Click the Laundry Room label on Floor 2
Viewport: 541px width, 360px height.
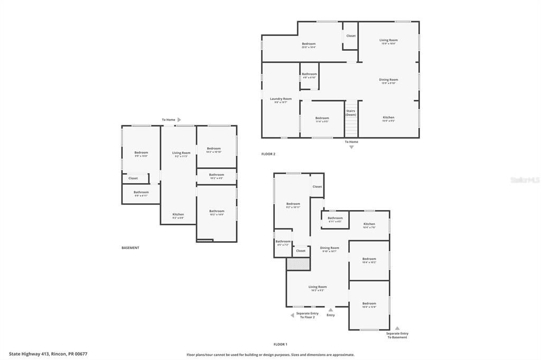tap(281, 99)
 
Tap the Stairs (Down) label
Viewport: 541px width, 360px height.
tap(351, 112)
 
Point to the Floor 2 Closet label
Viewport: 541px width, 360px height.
tap(351, 36)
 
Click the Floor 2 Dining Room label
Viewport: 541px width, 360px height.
tap(388, 80)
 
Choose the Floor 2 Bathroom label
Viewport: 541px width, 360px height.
tap(310, 74)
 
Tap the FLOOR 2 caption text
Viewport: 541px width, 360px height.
tap(268, 154)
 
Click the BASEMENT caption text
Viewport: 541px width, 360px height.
tap(130, 248)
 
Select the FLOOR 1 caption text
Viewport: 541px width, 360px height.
tap(281, 344)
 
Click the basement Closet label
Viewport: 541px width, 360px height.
tap(133, 178)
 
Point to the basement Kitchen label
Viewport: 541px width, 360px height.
tap(178, 214)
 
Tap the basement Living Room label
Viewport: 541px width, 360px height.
tap(181, 153)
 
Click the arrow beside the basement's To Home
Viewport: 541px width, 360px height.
tap(179, 120)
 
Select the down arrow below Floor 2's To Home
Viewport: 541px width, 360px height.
tap(351, 147)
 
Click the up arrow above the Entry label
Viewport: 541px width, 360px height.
tap(331, 310)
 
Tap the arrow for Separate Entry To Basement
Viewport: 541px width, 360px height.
tap(397, 328)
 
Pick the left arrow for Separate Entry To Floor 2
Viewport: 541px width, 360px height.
tap(292, 315)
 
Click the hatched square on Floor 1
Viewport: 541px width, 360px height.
tap(297, 264)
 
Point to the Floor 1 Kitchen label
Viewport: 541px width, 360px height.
tap(369, 224)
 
